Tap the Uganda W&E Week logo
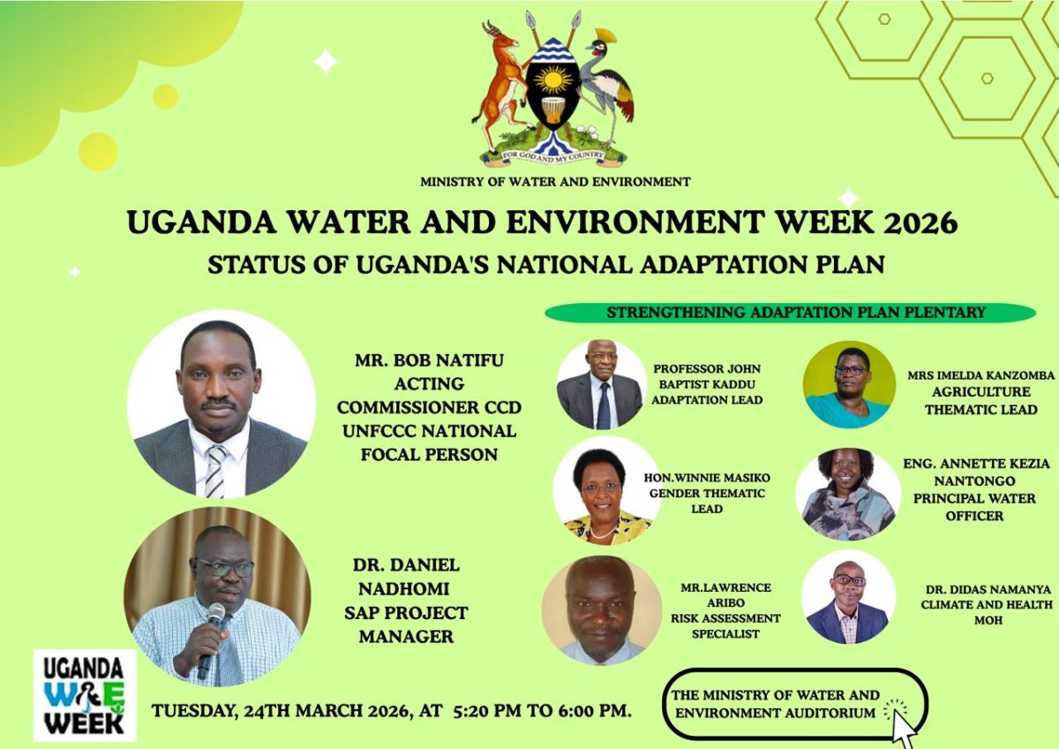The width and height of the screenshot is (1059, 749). coord(85,695)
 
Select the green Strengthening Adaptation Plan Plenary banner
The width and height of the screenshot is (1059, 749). coord(790,313)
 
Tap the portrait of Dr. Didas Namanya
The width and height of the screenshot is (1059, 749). coord(847,597)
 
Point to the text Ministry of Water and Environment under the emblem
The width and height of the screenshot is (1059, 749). coord(555,182)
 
